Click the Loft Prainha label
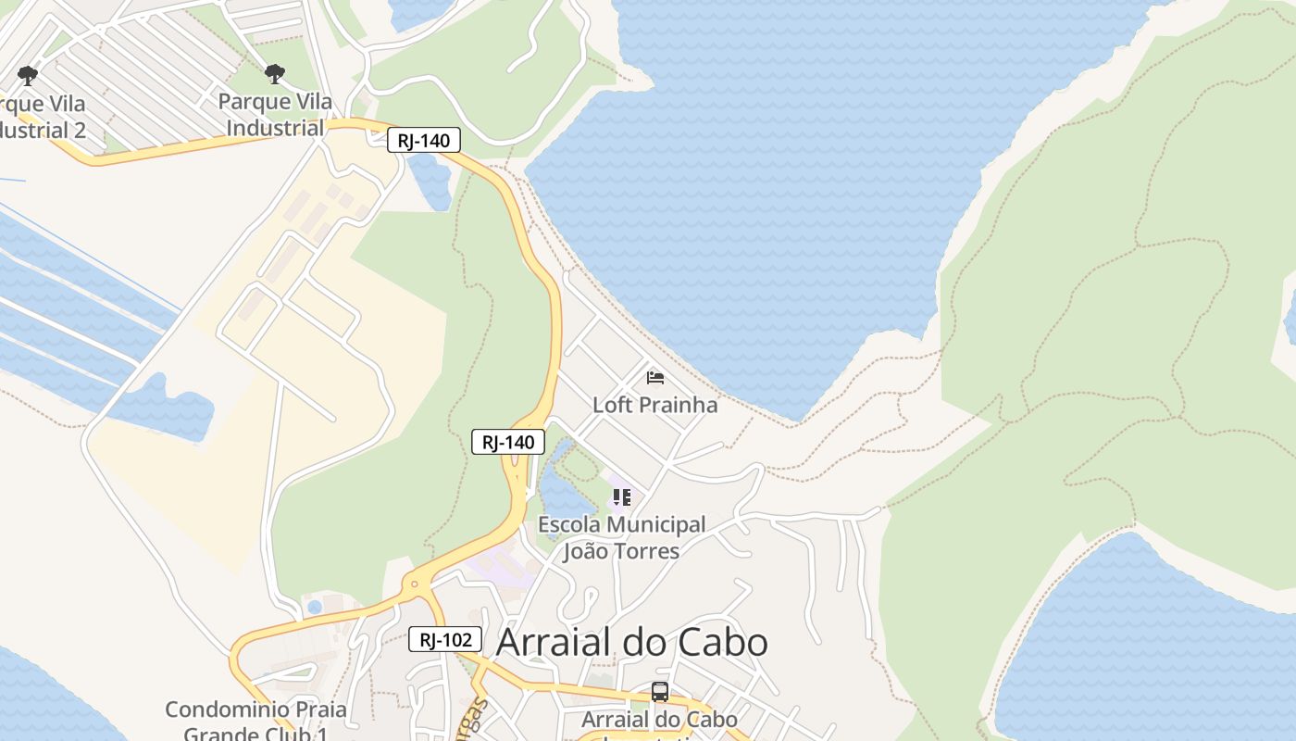(x=654, y=405)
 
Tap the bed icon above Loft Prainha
(x=655, y=377)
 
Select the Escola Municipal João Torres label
(x=621, y=538)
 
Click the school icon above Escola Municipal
(x=622, y=497)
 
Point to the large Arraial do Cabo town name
(x=631, y=642)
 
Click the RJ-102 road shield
(x=445, y=639)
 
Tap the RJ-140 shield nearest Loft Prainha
(x=508, y=442)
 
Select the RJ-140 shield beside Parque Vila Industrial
(x=423, y=141)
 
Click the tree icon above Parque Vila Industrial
(x=274, y=74)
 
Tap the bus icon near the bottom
(x=659, y=691)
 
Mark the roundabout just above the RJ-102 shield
(x=414, y=584)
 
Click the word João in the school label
(x=589, y=551)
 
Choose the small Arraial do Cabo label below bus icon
(x=659, y=720)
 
